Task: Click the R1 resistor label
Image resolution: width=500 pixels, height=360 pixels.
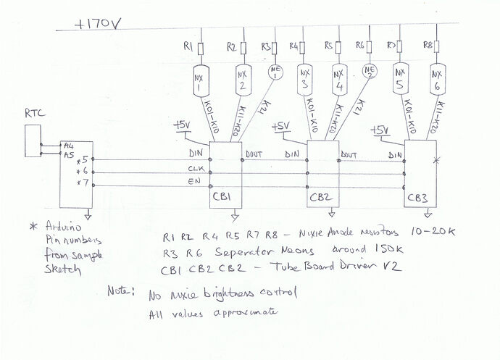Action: point(188,47)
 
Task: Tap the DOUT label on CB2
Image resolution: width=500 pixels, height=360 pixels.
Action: point(349,155)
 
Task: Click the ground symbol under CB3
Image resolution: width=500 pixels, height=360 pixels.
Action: point(425,215)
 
